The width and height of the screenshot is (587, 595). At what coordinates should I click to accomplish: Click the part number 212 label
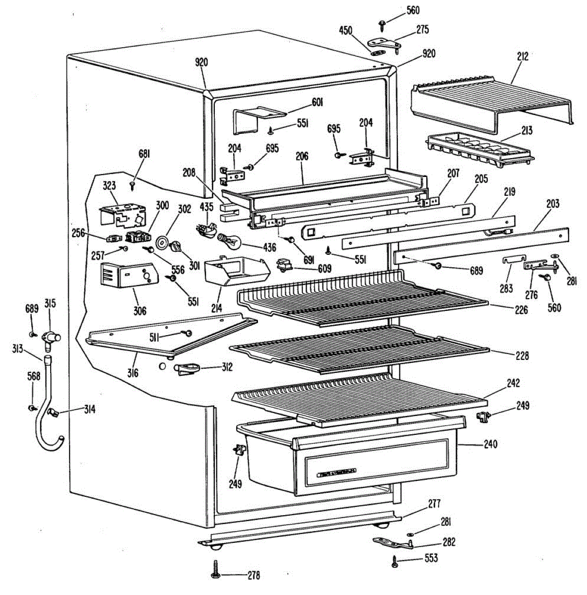(522, 57)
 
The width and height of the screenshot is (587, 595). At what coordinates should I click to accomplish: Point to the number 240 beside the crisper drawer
(491, 444)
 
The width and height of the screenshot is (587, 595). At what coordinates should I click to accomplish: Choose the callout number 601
(318, 102)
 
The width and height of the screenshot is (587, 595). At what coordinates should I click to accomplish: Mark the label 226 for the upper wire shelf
(522, 310)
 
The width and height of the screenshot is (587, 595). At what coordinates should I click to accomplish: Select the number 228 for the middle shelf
(522, 356)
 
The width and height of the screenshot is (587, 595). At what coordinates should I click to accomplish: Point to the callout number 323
(109, 186)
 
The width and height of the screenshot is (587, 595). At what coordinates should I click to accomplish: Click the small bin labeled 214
(237, 271)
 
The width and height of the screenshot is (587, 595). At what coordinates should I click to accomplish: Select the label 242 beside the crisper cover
(513, 383)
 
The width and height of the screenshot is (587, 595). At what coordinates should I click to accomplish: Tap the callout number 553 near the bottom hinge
(431, 558)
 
